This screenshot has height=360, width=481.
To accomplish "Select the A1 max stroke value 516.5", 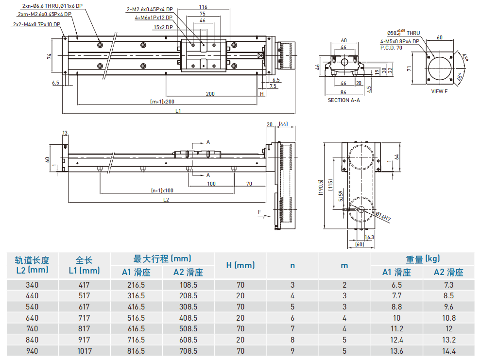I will [x=136, y=318].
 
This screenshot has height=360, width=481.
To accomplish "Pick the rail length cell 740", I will [x=32, y=329].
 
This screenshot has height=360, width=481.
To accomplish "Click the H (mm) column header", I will [x=240, y=265].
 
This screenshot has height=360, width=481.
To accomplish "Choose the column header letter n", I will [x=292, y=265].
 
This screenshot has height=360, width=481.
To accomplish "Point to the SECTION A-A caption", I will [x=344, y=100].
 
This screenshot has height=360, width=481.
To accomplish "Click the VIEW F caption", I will [x=440, y=91].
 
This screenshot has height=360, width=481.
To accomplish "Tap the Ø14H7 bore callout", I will [x=382, y=217].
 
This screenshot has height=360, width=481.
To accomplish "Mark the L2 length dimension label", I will [x=166, y=200].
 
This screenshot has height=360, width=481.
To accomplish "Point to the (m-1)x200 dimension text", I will [x=162, y=102].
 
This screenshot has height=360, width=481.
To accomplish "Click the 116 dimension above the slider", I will [x=203, y=7].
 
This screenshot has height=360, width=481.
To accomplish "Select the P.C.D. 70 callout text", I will [x=391, y=48].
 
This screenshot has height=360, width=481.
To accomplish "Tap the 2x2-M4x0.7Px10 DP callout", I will [x=36, y=24].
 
